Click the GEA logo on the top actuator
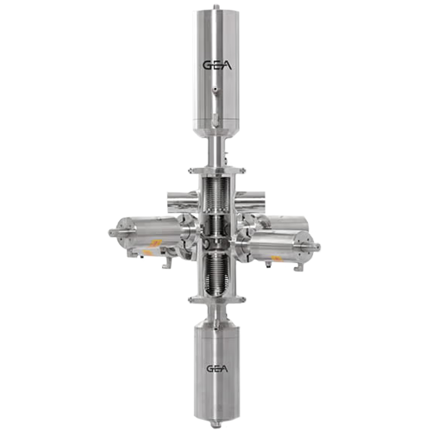pyautogui.click(x=215, y=64)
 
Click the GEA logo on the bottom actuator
pyautogui.click(x=215, y=369)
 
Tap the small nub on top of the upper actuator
pyautogui.click(x=215, y=4)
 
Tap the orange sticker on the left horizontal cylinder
pyautogui.click(x=153, y=245)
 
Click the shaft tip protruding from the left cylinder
pyautogui.click(x=111, y=232)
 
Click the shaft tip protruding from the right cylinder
pyautogui.click(x=320, y=247)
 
